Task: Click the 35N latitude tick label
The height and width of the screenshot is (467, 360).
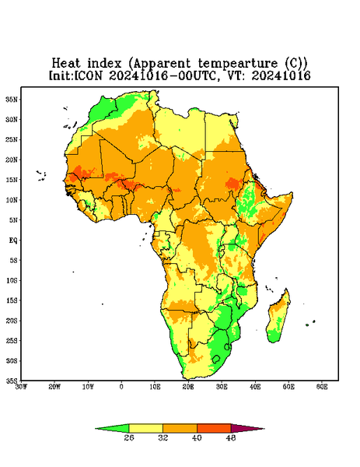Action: (x=12, y=99)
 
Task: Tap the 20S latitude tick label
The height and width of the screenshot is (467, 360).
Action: (x=12, y=321)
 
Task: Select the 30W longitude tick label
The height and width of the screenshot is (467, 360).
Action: (x=21, y=387)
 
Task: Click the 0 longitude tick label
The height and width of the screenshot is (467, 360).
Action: (x=121, y=387)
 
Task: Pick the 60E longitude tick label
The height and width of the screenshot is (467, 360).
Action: (x=322, y=387)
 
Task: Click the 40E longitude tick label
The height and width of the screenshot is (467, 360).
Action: (x=255, y=387)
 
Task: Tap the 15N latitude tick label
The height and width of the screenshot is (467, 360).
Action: (x=12, y=180)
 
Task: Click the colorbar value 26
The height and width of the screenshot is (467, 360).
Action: (x=129, y=437)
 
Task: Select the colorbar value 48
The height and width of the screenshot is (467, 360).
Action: (x=231, y=437)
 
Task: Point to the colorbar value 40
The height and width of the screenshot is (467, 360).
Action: (x=197, y=437)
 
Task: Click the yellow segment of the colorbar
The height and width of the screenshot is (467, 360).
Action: (x=145, y=428)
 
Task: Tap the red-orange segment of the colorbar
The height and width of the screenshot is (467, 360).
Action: (x=214, y=428)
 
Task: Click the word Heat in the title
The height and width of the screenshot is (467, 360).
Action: (x=66, y=64)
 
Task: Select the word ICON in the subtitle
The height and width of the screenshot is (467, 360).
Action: (x=89, y=75)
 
